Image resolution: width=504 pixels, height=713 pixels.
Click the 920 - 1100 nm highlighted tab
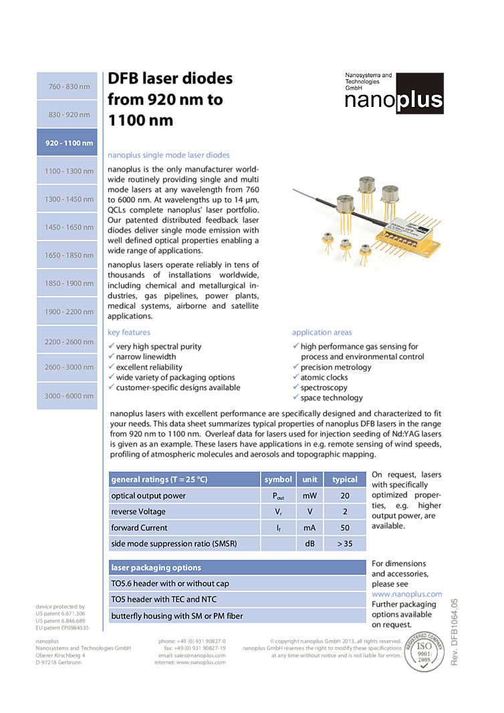coord(67,143)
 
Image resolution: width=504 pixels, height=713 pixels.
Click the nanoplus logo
coord(394,94)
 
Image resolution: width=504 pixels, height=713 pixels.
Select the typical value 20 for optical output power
coord(344,496)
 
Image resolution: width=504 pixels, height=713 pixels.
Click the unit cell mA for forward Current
coord(309,528)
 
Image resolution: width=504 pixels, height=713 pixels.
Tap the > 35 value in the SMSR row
coord(344,544)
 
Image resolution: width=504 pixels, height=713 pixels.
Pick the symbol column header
coord(278,479)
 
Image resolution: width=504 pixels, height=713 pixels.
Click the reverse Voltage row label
coord(138,512)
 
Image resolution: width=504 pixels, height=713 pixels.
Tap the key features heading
coord(130,332)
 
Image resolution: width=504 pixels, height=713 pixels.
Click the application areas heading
coord(322,332)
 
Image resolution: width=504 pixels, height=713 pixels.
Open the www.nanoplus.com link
coord(406,594)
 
